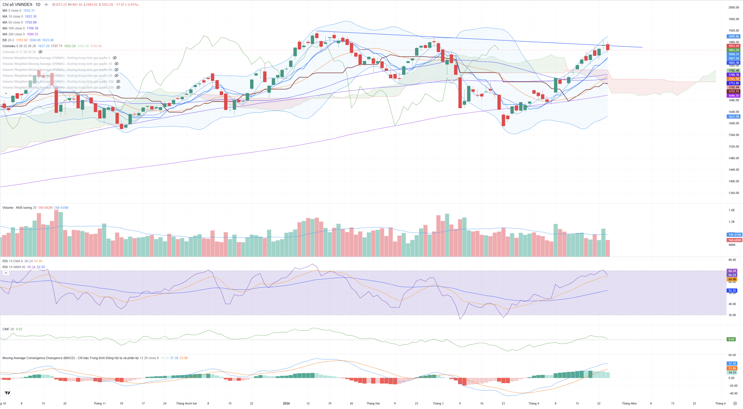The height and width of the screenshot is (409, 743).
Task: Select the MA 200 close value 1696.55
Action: point(33,34)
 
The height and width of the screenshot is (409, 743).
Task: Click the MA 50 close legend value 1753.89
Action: point(31,22)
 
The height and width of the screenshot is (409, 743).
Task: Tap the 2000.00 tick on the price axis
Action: point(733,8)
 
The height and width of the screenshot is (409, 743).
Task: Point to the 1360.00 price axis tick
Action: point(733,193)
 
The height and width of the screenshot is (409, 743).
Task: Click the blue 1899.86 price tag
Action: point(733,37)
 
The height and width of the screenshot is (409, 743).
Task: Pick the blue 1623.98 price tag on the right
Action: point(733,117)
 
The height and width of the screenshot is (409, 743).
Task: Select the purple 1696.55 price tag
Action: point(733,96)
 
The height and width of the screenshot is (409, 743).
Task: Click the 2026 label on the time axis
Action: point(286,403)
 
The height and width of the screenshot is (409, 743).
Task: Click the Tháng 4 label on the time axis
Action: point(533,403)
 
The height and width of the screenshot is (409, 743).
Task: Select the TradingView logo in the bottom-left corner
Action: point(8,393)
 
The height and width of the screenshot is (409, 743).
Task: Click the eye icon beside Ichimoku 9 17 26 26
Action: point(40,52)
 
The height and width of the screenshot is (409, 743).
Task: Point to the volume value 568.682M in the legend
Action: point(45,208)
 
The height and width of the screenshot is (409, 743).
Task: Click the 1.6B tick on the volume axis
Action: point(731,210)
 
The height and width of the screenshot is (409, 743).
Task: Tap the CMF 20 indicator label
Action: point(8,329)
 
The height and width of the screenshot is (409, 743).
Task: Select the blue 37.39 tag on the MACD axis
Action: point(732,364)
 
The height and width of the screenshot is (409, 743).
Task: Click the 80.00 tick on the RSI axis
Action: point(732,260)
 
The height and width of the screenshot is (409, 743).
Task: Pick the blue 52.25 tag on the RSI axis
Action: point(732,290)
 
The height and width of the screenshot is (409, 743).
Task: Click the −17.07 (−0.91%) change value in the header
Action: point(127,5)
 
